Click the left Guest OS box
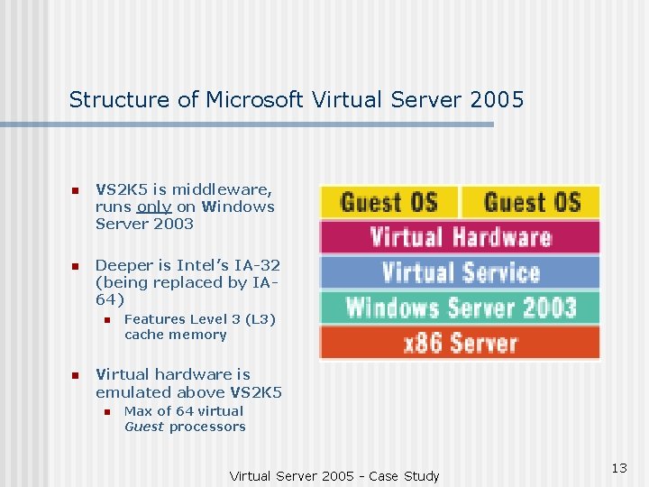click(388, 202)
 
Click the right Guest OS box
click(532, 202)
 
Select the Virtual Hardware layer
click(460, 237)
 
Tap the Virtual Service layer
click(460, 272)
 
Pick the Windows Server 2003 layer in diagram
click(460, 308)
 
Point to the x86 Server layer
click(460, 343)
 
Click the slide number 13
click(618, 467)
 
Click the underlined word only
click(154, 207)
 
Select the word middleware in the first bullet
click(225, 189)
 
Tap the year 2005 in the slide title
click(497, 99)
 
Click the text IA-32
click(260, 265)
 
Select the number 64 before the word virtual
click(185, 411)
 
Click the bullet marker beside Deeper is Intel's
click(76, 266)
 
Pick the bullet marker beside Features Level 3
click(105, 320)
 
